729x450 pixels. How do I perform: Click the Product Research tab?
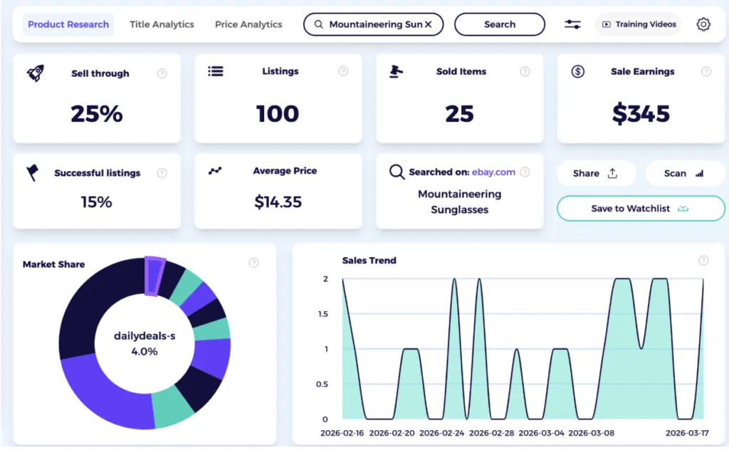[68, 24]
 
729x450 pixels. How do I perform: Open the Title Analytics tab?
[162, 24]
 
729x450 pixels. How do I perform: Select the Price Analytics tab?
[248, 24]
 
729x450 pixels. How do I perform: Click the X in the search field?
[428, 24]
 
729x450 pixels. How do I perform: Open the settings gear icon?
[703, 24]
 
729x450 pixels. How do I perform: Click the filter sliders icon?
[572, 24]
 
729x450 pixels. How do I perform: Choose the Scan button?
[684, 173]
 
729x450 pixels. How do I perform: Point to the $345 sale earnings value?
[641, 114]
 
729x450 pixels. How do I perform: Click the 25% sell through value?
[97, 114]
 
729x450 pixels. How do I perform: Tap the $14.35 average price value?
[278, 202]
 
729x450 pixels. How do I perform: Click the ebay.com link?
[493, 172]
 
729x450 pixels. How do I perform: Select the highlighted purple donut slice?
[154, 274]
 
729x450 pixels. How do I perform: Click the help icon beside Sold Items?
[525, 71]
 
